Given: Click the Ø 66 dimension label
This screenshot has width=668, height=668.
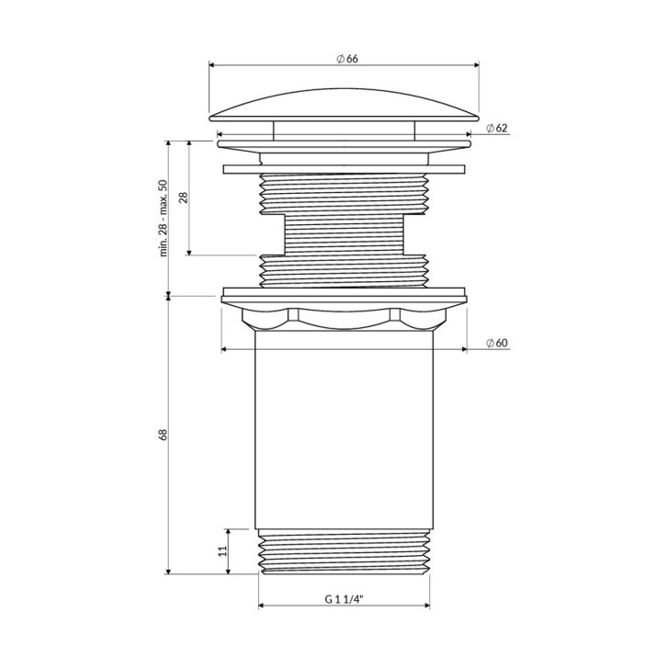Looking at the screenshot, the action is [346, 59].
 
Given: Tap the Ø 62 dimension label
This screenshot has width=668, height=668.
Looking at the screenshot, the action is [497, 128].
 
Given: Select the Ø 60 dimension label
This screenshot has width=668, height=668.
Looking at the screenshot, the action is [497, 343].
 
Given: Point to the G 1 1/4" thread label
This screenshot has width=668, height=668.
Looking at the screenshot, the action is [344, 599].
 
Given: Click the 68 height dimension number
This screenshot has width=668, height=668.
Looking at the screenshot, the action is [164, 435].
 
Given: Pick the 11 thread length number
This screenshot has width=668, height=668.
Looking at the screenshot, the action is [222, 551].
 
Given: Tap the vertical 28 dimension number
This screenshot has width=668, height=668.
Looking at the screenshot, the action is [183, 198].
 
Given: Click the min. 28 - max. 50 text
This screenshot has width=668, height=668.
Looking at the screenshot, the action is [164, 218].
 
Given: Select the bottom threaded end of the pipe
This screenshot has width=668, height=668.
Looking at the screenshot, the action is [345, 552].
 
